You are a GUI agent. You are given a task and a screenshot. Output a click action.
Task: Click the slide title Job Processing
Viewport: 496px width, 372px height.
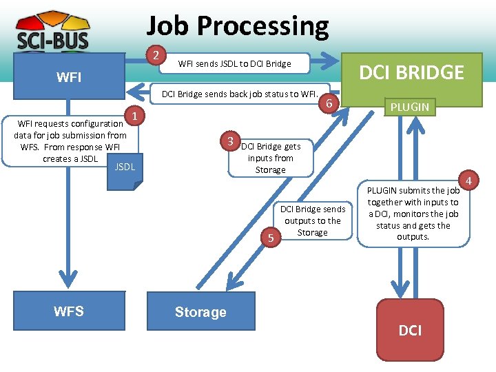pyautogui.click(x=238, y=26)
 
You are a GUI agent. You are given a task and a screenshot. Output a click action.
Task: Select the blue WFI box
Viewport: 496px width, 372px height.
pyautogui.click(x=68, y=77)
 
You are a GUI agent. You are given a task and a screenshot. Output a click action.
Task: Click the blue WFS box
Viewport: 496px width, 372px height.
pyautogui.click(x=68, y=311)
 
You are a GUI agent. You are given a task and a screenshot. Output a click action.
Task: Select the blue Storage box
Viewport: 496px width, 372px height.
pyautogui.click(x=200, y=312)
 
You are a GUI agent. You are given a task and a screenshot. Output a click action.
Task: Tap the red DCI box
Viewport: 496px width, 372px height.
pyautogui.click(x=410, y=331)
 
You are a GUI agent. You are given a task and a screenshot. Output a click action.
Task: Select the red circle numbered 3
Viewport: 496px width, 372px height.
pyautogui.click(x=231, y=141)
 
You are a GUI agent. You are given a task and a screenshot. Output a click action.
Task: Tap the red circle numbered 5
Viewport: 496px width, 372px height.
pyautogui.click(x=271, y=238)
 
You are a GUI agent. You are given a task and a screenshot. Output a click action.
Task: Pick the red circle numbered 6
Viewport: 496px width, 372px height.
pyautogui.click(x=330, y=103)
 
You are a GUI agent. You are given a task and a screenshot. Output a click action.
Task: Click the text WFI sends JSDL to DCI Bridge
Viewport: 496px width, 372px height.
pyautogui.click(x=234, y=64)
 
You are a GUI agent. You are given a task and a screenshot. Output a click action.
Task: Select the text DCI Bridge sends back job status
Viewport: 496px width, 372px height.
pyautogui.click(x=238, y=94)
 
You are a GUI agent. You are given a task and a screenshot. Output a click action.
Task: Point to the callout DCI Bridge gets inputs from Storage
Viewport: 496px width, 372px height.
pyautogui.click(x=271, y=158)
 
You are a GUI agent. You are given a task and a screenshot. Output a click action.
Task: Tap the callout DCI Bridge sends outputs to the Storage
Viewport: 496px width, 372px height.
pyautogui.click(x=313, y=220)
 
